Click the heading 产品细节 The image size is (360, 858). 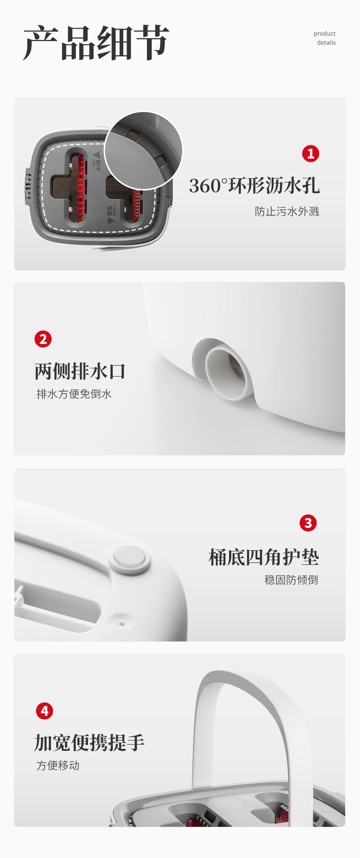[x=96, y=43]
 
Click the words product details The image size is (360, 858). [x=325, y=38]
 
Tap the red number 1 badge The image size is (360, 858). [x=311, y=153]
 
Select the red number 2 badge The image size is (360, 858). [x=43, y=339]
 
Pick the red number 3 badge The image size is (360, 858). [x=308, y=523]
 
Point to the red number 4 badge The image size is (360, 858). [x=44, y=711]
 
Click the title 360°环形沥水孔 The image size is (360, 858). [x=254, y=186]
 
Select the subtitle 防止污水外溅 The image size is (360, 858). [x=287, y=211]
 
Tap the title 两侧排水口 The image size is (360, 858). [x=80, y=371]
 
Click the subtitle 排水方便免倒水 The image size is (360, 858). [x=74, y=394]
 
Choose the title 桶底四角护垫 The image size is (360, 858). [x=264, y=557]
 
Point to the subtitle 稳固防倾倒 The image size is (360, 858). [x=291, y=580]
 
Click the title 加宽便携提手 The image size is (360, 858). [x=89, y=742]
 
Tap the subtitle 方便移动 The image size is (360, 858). [x=58, y=765]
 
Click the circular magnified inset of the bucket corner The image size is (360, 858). [x=143, y=150]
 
